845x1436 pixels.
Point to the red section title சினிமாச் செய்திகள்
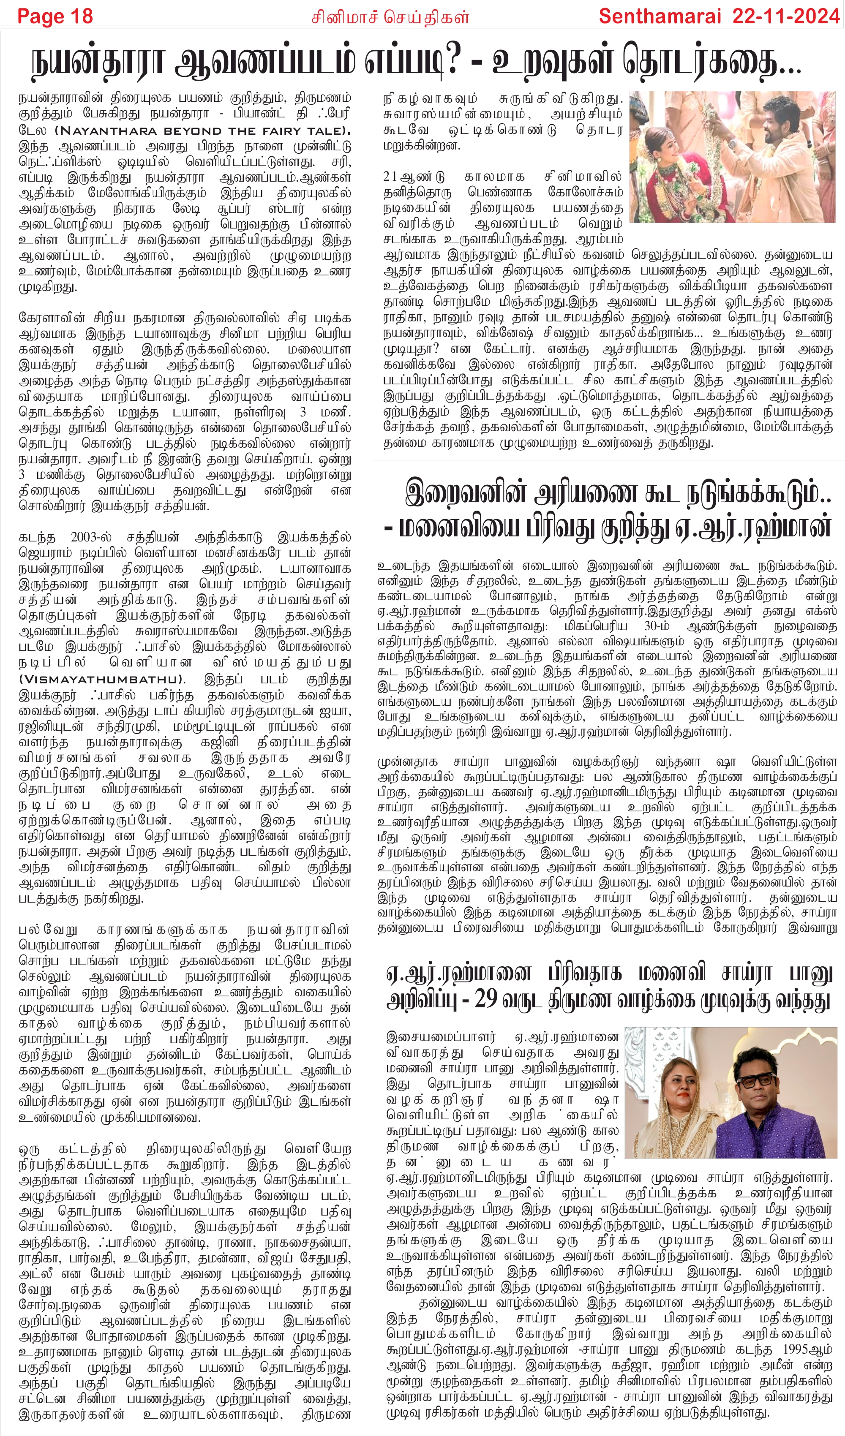point(390,17)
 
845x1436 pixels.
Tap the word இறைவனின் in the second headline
point(462,493)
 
